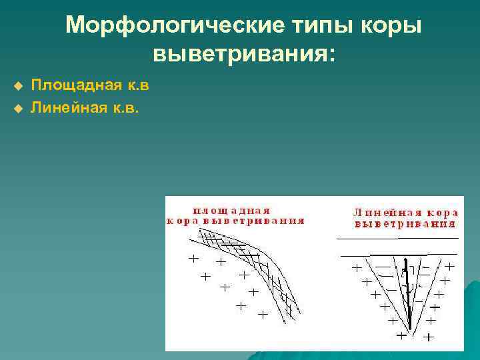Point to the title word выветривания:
click(x=244, y=53)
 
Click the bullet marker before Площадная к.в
click(x=18, y=86)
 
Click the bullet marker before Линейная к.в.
click(x=18, y=107)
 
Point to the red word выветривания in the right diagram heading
click(x=405, y=225)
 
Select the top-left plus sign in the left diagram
click(x=194, y=257)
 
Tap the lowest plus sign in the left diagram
click(x=263, y=313)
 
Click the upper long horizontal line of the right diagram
click(x=398, y=238)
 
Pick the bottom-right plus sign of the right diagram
click(x=427, y=337)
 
